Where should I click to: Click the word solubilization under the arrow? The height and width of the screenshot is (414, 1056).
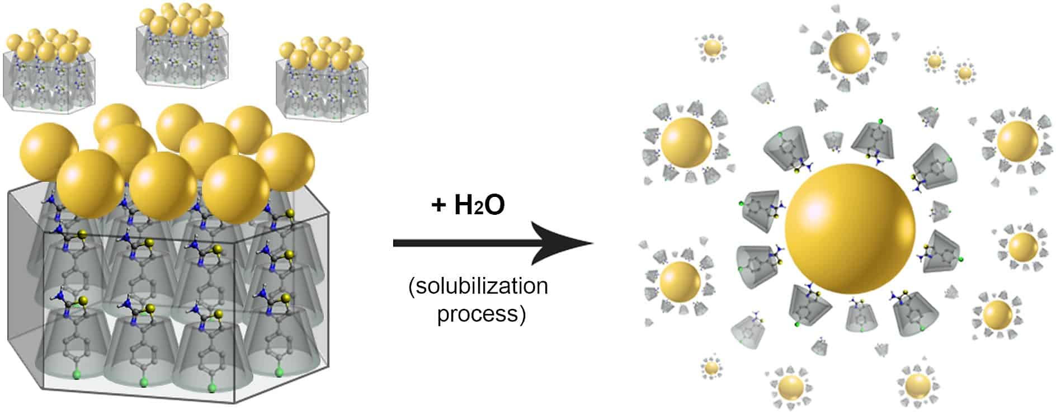click(478, 286)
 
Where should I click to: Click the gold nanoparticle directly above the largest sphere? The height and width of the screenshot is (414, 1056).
click(849, 53)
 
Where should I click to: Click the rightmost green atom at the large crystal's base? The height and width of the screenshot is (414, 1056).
click(279, 371)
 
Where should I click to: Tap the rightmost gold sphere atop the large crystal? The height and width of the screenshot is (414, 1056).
click(286, 162)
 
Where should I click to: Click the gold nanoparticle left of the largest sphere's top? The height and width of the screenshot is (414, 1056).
click(686, 143)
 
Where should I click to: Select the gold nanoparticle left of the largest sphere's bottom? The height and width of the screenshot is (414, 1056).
click(680, 281)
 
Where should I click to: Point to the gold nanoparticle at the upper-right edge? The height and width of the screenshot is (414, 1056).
click(1017, 142)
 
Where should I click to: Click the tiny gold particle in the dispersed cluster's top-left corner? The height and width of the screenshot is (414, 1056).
click(712, 48)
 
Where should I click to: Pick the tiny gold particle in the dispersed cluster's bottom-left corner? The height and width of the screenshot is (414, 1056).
click(711, 368)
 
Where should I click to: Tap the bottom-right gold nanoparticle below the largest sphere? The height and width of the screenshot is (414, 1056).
click(917, 386)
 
